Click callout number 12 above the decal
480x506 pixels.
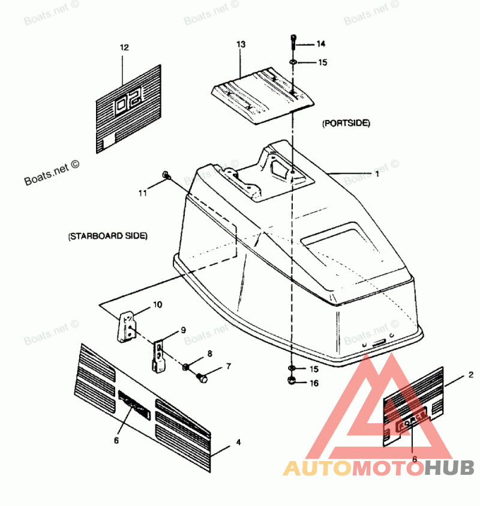pos(124,47)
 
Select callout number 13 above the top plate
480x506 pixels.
pos(241,44)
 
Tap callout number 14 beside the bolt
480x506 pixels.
pos(321,44)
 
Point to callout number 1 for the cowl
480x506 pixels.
pos(377,174)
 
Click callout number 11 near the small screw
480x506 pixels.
pos(142,192)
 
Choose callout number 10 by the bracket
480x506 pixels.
pos(157,305)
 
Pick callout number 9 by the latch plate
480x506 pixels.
pos(184,330)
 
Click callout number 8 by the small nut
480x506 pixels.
pos(209,354)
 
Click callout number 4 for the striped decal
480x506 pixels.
pos(238,442)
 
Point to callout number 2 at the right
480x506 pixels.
pos(471,375)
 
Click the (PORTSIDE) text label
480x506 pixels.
pos(346,123)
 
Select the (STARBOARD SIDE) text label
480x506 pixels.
pos(107,236)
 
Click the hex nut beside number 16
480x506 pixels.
pos(292,381)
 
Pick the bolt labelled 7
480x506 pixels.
pos(202,378)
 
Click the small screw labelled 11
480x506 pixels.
pos(166,176)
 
